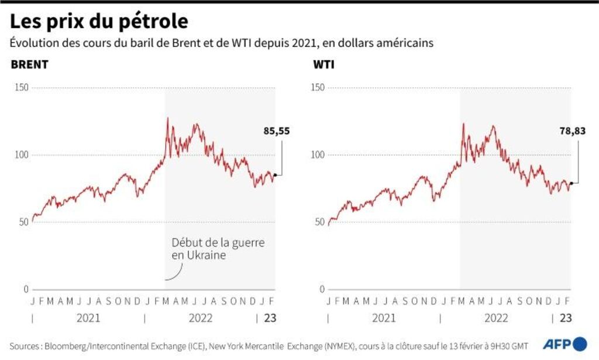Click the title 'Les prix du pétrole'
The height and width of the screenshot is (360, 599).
tap(99, 22)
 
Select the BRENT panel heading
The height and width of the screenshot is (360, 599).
tap(29, 64)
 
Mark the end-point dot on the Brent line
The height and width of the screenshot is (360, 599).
tap(274, 174)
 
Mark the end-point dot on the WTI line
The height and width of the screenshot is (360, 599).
tap(570, 184)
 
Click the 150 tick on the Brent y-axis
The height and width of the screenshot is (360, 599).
tap(22, 88)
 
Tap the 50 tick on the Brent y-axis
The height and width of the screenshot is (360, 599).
tap(24, 222)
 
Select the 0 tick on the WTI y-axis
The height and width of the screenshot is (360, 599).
tap(321, 290)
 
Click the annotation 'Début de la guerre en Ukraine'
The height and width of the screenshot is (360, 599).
tap(217, 249)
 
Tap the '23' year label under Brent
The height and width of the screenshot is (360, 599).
tap(271, 318)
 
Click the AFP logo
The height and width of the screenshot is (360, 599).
tap(564, 344)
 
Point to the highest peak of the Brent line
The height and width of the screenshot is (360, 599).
tap(167, 118)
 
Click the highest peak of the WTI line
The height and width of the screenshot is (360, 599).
tap(463, 124)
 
